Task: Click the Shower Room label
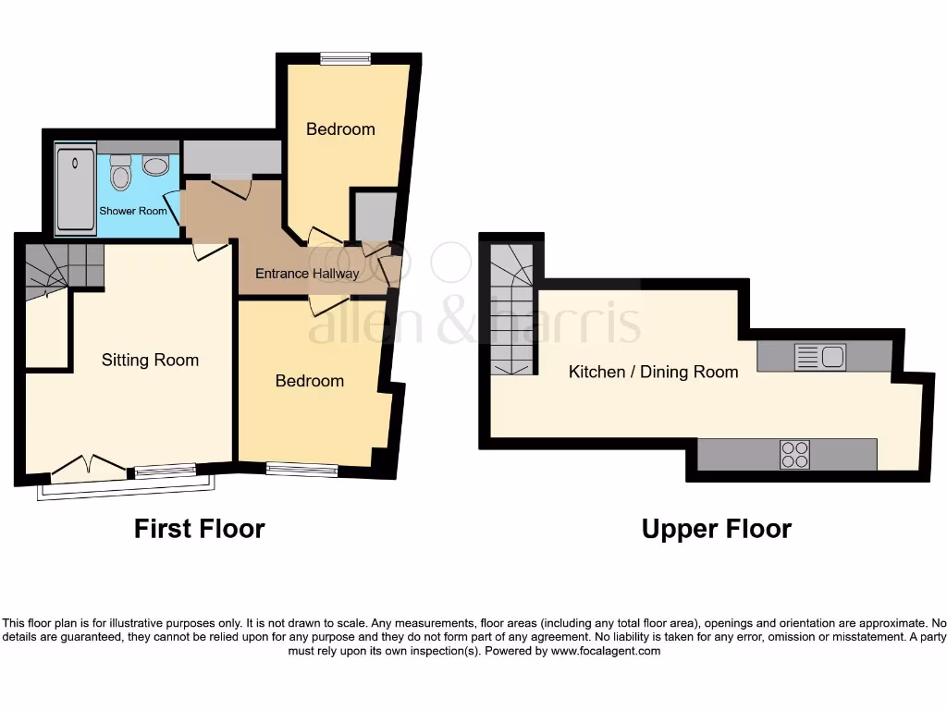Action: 133,211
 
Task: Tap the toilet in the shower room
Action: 120,172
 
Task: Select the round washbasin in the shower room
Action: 155,166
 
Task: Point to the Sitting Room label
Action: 150,360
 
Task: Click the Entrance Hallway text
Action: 307,274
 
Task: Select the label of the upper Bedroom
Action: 340,129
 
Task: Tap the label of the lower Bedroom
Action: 309,380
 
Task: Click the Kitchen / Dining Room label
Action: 653,372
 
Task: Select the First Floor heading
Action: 199,529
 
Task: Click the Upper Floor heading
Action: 716,529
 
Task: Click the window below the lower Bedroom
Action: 301,470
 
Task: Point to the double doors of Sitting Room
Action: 90,466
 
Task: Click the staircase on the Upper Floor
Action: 511,310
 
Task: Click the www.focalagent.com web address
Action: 606,651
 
